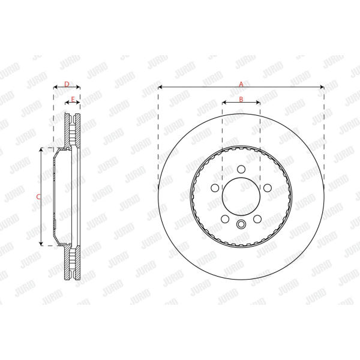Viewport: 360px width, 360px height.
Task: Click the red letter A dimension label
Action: (241, 84)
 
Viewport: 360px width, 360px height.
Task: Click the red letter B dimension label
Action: (241, 99)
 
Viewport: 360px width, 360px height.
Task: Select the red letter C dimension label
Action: (38, 197)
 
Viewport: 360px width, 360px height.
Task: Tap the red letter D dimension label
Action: (67, 84)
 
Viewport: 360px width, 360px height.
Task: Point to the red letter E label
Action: (73, 100)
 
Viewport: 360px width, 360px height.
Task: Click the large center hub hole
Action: (241, 197)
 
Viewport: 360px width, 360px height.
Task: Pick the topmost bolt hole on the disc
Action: (241, 169)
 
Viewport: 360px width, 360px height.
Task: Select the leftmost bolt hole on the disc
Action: (215, 188)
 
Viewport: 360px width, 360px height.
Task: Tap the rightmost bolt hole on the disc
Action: (267, 188)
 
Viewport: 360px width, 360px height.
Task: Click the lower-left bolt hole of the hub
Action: (225, 219)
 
